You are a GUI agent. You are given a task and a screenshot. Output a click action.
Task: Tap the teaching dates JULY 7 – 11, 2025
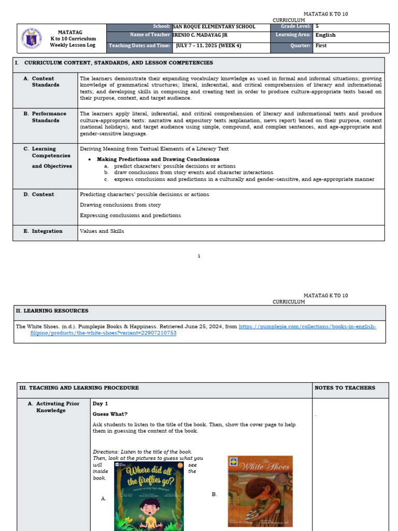point(208,46)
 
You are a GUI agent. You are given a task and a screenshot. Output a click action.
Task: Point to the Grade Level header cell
point(292,26)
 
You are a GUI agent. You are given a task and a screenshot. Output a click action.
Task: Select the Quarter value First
point(321,46)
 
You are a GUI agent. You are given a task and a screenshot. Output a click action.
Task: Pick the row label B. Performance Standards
point(49,117)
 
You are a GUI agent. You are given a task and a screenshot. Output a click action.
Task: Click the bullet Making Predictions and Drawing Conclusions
point(158,159)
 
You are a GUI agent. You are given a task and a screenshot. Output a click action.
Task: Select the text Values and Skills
point(102,231)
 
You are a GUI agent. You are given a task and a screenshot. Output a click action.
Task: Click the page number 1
point(199,256)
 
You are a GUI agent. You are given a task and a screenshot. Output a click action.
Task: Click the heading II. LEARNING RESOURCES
point(52,311)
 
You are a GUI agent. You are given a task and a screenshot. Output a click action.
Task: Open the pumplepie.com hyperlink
point(307,327)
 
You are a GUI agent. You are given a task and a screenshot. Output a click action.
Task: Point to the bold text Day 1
point(100,403)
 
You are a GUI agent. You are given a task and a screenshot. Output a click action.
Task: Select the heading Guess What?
point(110,414)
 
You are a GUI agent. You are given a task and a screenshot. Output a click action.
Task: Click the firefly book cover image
point(149,496)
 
